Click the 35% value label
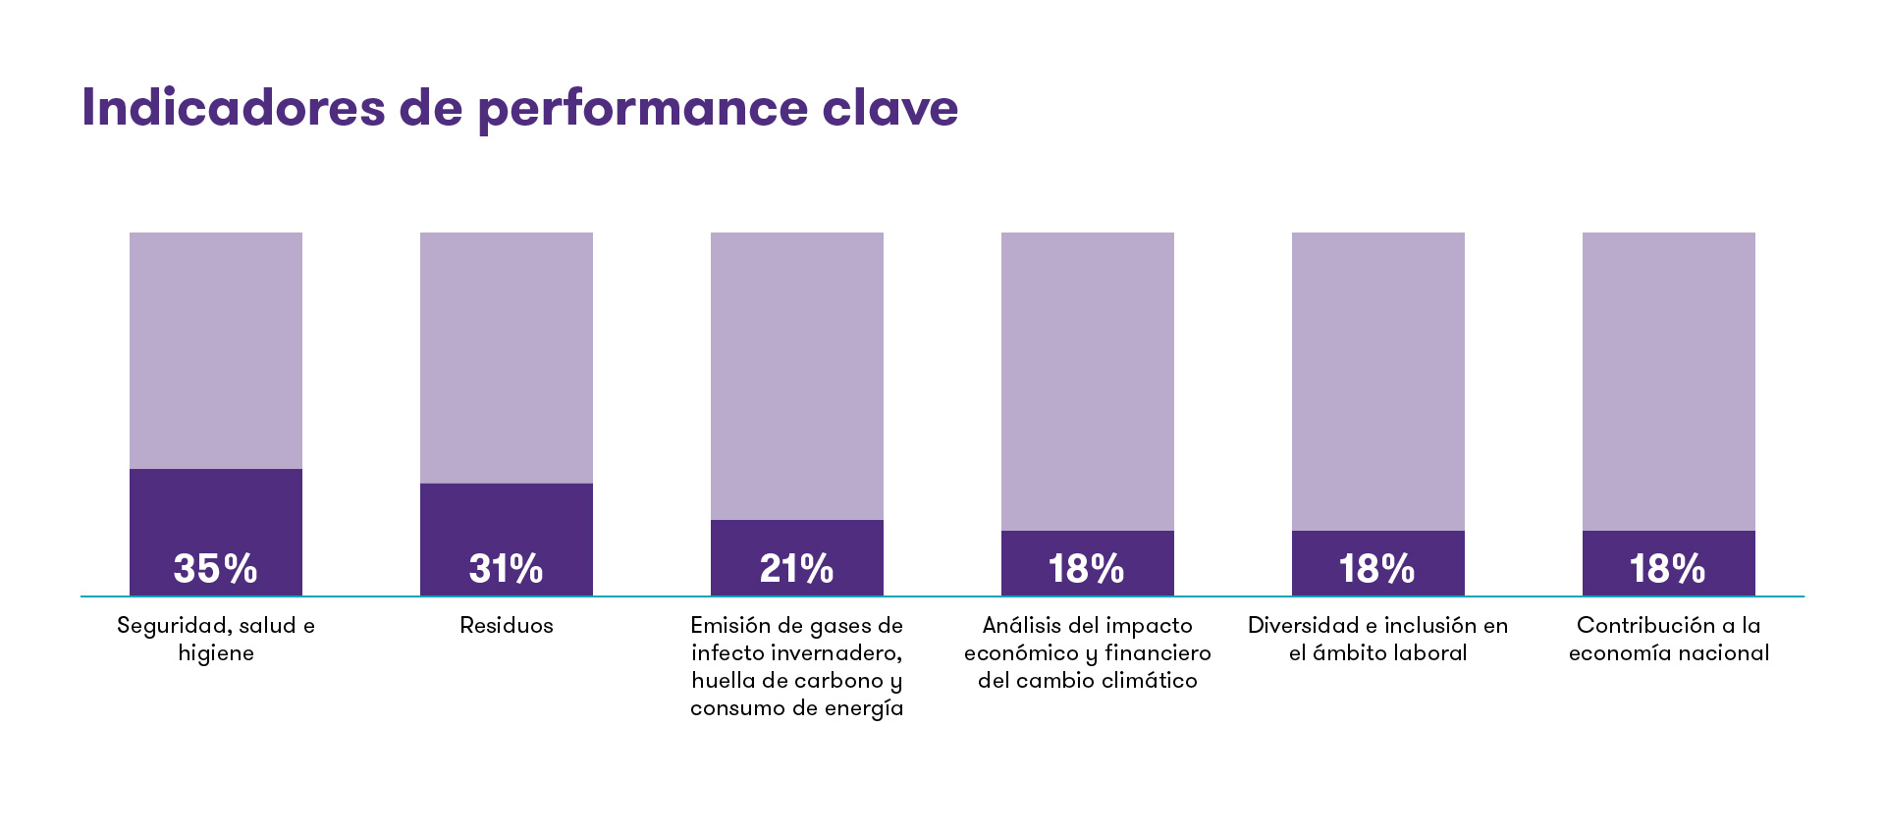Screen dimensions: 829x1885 click(215, 569)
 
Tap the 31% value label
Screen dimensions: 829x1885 click(506, 569)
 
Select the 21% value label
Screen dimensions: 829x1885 click(796, 569)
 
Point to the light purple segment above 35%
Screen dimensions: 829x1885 click(215, 350)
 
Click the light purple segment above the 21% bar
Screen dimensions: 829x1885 click(796, 376)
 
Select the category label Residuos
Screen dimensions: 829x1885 click(506, 626)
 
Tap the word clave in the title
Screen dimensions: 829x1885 click(889, 107)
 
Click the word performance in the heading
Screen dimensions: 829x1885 click(642, 109)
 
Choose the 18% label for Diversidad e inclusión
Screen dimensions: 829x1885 click(1376, 569)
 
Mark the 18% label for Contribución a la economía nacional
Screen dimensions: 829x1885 click(1667, 569)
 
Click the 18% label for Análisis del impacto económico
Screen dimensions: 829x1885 click(1086, 569)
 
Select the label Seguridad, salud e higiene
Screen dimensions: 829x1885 click(215, 639)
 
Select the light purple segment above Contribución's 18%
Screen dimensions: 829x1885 click(1668, 381)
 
